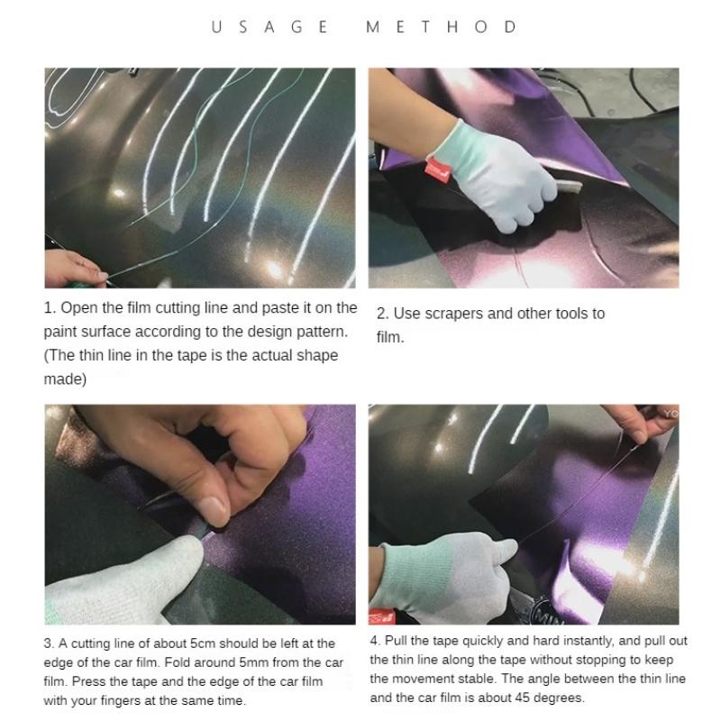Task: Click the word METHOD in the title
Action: click(x=442, y=27)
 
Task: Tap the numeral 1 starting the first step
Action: click(x=48, y=308)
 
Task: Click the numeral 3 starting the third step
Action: click(x=48, y=643)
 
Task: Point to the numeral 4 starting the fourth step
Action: click(x=374, y=641)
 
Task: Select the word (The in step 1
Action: click(x=60, y=355)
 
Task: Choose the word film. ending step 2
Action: click(x=390, y=337)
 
